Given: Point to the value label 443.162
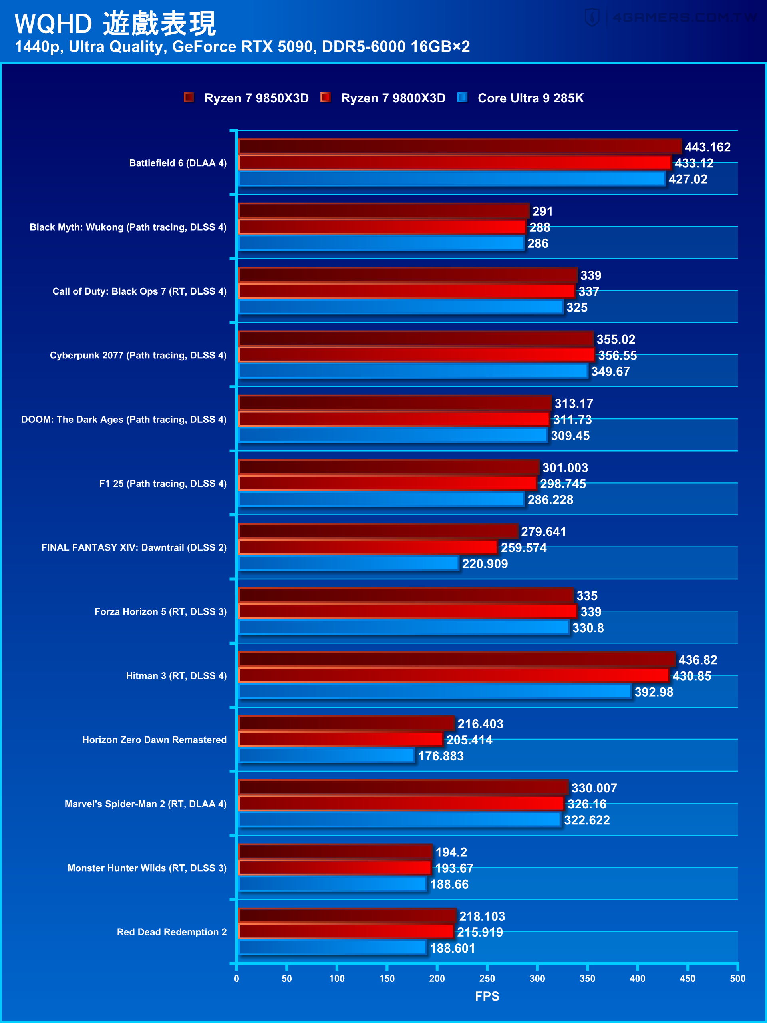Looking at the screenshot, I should tap(707, 147).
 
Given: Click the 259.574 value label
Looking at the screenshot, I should tap(523, 547).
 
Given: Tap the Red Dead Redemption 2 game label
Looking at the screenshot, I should tap(171, 932).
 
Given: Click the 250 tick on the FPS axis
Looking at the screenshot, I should tap(487, 978).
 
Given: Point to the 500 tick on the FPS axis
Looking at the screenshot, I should tap(737, 978).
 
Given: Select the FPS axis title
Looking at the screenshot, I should tap(487, 996).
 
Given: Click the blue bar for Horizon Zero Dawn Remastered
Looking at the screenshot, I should tap(326, 755).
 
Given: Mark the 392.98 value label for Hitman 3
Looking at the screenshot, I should tap(653, 692).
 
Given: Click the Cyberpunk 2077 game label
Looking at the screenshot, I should tap(138, 355).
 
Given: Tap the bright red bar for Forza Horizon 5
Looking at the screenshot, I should tap(407, 611).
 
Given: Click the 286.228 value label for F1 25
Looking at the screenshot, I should tap(550, 500).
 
